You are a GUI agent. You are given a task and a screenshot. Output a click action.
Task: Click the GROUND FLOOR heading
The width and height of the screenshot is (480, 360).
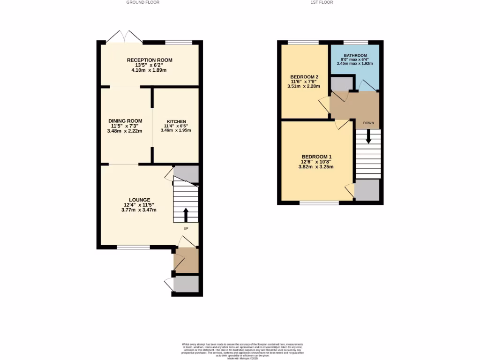coord(143,2)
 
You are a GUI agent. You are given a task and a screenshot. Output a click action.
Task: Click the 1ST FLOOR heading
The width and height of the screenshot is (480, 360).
coord(322,2)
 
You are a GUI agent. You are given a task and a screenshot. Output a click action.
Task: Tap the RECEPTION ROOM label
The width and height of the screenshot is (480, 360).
coord(150,60)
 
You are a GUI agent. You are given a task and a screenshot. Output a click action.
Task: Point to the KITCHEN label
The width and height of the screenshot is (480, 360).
coord(176,121)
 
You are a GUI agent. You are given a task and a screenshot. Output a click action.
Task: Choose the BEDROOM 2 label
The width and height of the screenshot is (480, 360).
coord(304,77)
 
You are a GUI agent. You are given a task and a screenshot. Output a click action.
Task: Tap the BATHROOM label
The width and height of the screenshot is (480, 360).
coord(355,56)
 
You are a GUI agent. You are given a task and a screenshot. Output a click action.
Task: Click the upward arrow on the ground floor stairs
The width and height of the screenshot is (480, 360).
coord(186,215)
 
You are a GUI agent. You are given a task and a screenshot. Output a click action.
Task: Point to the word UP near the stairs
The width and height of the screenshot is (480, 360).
coord(186,229)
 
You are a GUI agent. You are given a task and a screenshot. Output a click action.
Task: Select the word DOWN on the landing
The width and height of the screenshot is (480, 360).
coord(368,123)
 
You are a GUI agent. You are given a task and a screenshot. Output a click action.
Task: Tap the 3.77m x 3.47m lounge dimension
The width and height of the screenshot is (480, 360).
coord(138,210)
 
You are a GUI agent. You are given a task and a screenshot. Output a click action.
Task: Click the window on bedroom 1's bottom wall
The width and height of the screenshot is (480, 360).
coord(319,203)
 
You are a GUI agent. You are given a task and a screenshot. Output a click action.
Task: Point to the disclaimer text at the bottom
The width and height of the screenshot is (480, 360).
coord(243,351)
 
